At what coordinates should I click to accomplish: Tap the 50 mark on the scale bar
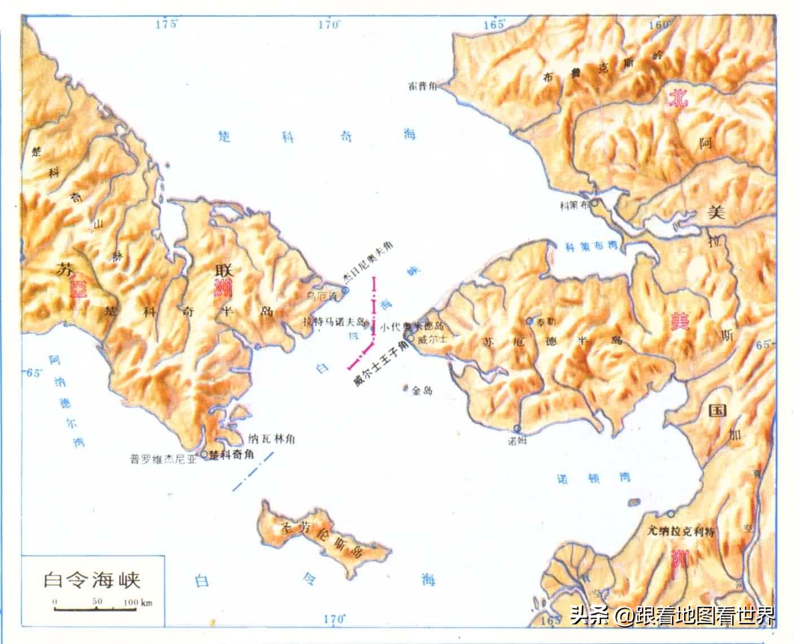coord(97,602)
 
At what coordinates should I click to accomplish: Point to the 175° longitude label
coord(166,24)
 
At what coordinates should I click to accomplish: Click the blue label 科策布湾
coord(591,246)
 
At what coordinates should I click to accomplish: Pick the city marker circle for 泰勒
coord(529,320)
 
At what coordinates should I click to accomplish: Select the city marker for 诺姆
coord(517,429)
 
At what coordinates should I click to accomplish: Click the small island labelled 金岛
coord(406,388)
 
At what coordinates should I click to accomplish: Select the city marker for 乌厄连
coord(345,290)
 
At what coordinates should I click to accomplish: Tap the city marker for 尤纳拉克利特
coord(670,514)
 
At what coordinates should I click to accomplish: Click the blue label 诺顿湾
coord(593,478)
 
